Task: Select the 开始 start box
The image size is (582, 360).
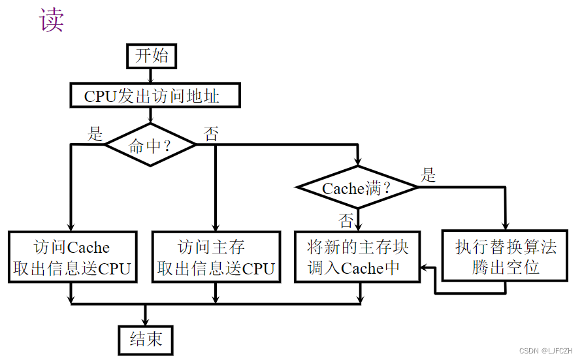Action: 152,56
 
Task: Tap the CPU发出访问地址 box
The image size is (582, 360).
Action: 155,97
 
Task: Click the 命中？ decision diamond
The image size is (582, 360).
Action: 151,145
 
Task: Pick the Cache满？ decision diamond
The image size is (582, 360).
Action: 357,188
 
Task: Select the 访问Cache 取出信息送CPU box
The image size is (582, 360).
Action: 73,257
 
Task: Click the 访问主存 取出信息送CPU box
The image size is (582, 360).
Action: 215,257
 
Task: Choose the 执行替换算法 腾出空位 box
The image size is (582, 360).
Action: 506,256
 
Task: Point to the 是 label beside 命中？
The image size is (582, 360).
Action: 96,134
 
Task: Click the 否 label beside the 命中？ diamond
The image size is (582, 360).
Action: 211,135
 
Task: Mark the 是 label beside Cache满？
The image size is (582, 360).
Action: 428,174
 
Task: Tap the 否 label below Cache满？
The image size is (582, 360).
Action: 346,218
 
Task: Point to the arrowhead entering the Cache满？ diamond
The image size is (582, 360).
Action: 358,163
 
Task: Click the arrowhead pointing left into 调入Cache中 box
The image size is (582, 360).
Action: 425,267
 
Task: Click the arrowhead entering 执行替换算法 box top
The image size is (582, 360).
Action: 506,225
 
